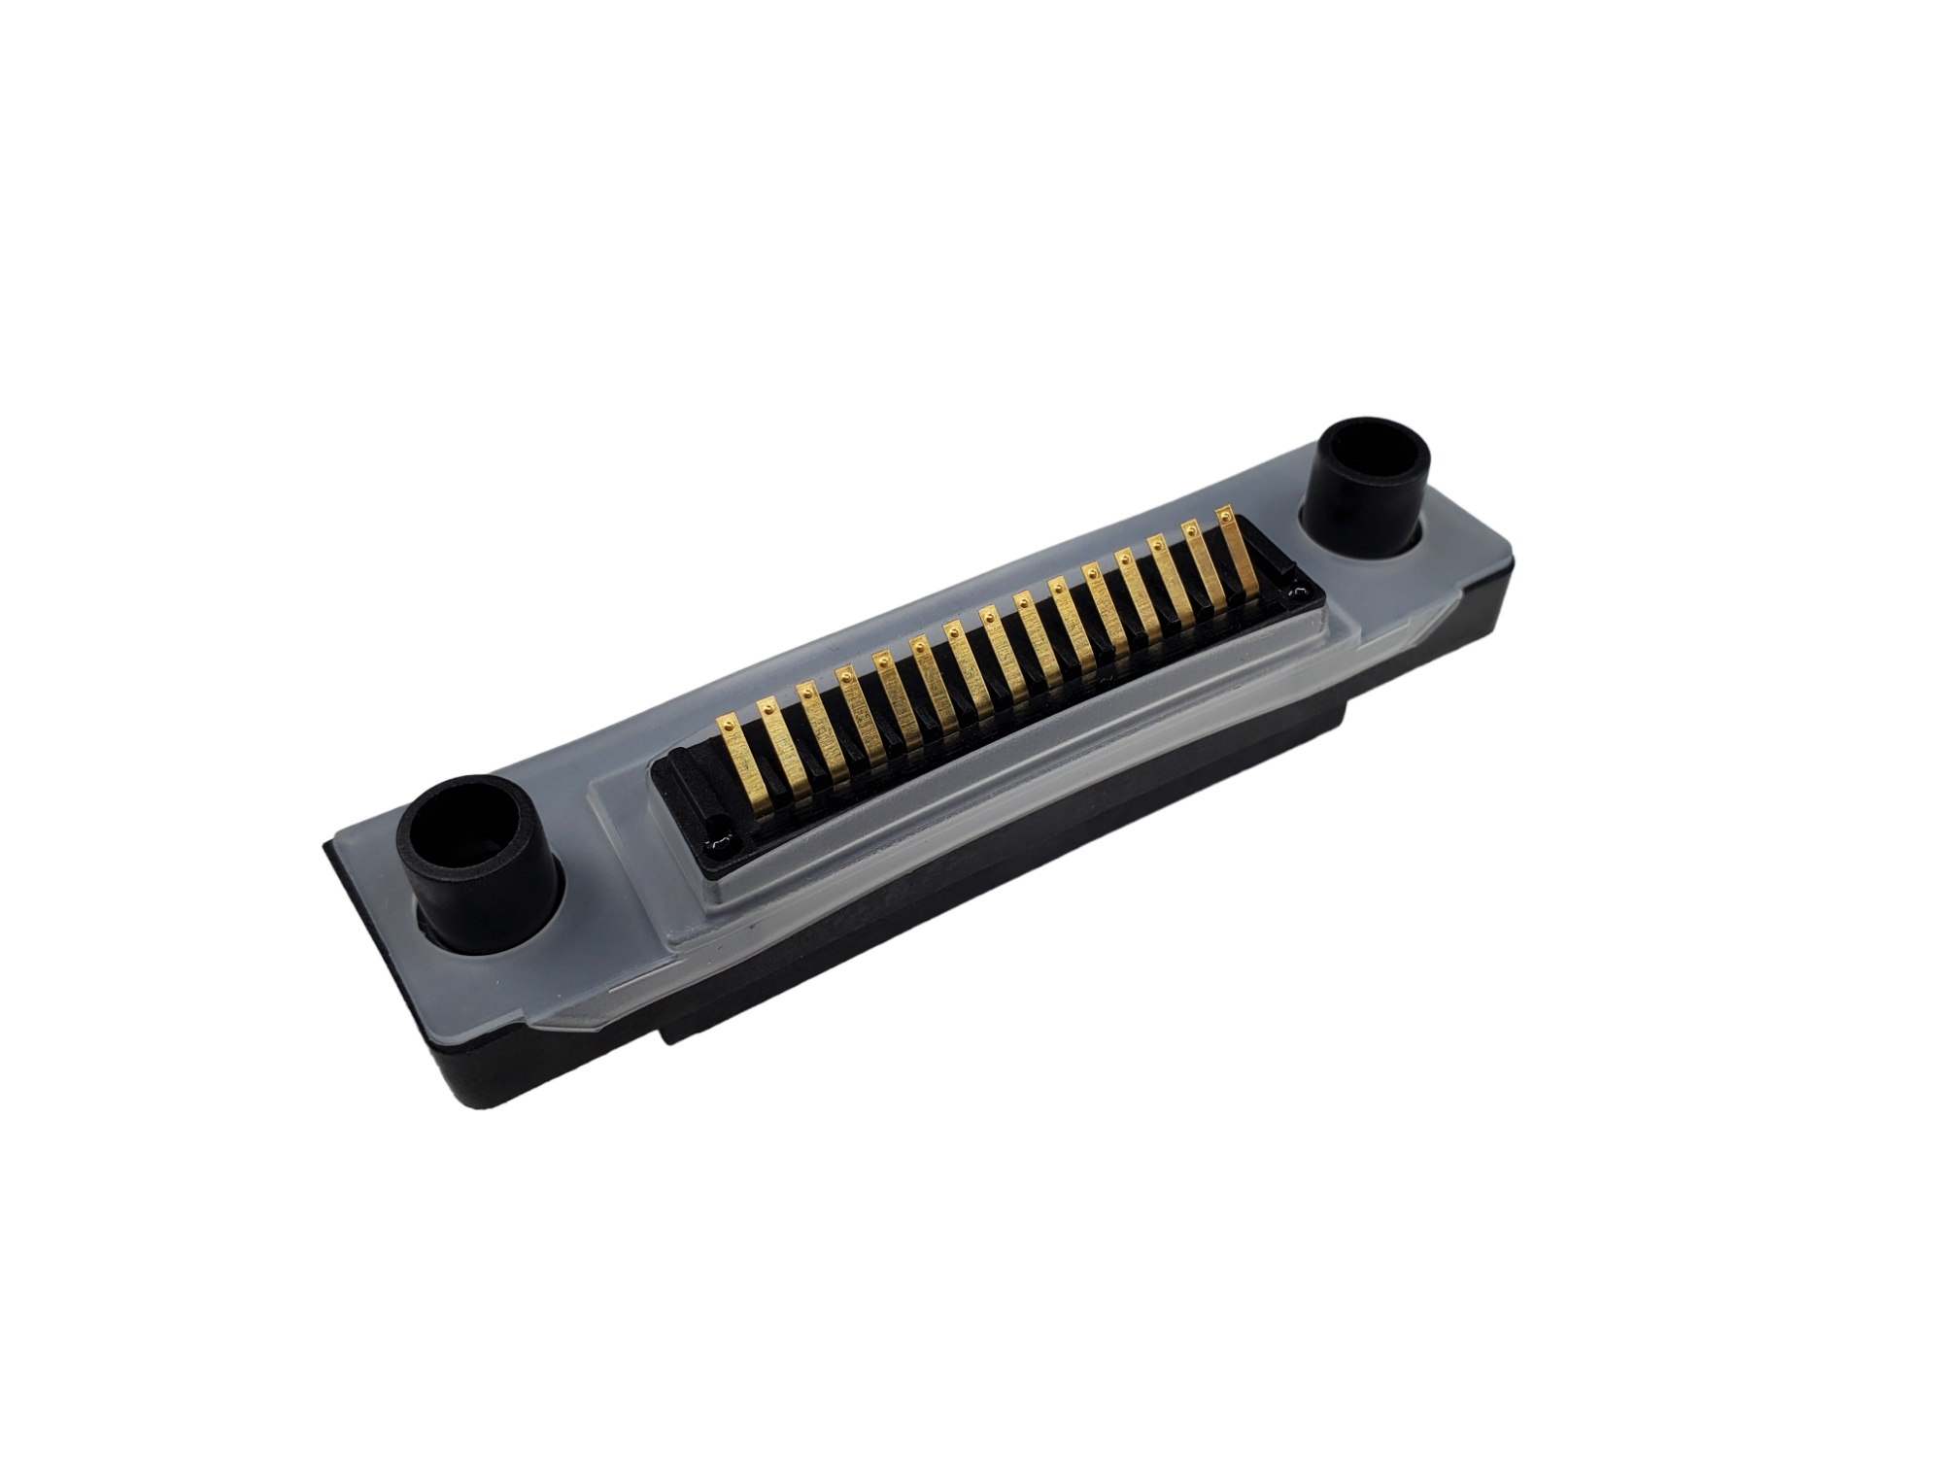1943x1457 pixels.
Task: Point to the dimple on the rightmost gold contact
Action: pyautogui.click(x=1226, y=517)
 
